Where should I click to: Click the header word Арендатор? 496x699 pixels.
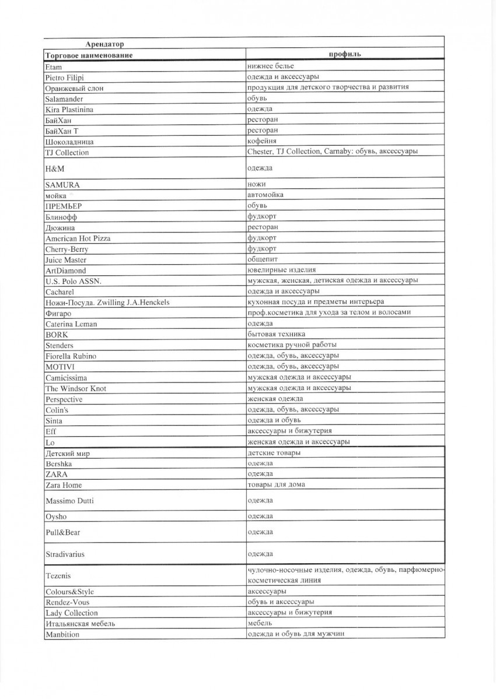[x=104, y=44]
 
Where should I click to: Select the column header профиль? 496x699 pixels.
[x=345, y=55]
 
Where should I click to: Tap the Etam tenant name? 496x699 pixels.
[x=53, y=67]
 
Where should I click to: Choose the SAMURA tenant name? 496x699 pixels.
[x=62, y=185]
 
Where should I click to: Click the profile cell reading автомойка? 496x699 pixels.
[x=266, y=194]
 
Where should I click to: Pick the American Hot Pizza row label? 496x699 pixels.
[x=78, y=238]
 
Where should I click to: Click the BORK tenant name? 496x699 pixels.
[x=56, y=335]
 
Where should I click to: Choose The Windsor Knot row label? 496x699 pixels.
[x=75, y=388]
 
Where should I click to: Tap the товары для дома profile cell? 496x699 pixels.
[x=275, y=484]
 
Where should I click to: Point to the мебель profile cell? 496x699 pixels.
[x=257, y=623]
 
